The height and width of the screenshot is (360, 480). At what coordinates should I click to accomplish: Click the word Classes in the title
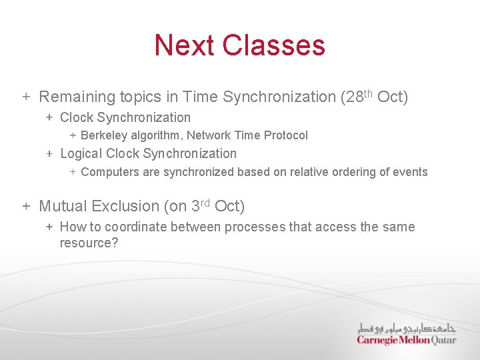[274, 45]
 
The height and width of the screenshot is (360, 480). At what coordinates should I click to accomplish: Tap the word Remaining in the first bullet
[77, 97]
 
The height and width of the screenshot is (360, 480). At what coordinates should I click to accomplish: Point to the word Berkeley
[103, 135]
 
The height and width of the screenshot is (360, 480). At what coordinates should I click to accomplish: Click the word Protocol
[286, 135]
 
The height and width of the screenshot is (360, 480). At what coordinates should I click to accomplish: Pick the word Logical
[81, 153]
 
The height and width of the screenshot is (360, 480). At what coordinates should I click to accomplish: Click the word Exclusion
[126, 207]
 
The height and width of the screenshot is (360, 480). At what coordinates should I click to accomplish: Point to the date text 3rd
[200, 205]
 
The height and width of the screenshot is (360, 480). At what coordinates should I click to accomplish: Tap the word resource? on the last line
[89, 243]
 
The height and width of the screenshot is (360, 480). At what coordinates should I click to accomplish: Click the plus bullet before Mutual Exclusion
[26, 206]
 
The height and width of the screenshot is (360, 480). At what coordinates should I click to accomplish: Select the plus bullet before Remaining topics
[26, 97]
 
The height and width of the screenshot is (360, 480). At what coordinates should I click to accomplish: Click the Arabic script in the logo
[407, 329]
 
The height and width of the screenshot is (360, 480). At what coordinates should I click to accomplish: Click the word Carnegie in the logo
[377, 340]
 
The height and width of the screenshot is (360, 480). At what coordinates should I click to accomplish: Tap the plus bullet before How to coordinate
[49, 227]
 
